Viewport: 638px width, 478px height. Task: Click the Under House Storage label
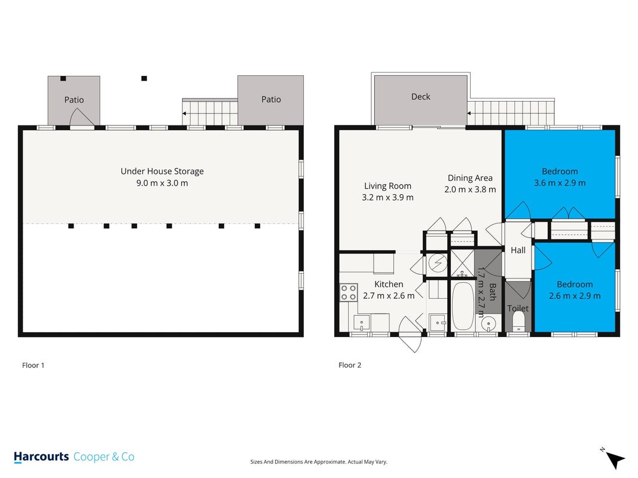tap(162, 171)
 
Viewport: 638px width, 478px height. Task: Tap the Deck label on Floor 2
tap(421, 97)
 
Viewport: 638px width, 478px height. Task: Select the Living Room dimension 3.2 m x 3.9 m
tap(388, 198)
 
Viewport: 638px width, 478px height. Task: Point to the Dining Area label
tap(470, 177)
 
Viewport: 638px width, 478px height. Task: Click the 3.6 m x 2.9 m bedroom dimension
tap(560, 183)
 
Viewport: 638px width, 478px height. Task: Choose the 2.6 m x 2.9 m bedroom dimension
tap(575, 296)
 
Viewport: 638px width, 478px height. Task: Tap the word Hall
tap(518, 250)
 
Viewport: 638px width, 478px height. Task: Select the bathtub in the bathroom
tap(462, 306)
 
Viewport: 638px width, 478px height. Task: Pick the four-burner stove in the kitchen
tap(349, 293)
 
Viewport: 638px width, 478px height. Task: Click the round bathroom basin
tap(487, 324)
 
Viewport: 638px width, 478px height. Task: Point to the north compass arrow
tap(615, 459)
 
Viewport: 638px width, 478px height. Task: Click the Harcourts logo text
tap(41, 457)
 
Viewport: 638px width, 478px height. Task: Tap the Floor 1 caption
tap(33, 365)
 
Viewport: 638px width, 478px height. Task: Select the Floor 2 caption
tap(350, 365)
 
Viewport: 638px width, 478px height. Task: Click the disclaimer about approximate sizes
tap(319, 462)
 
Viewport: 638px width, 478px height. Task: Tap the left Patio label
tap(74, 100)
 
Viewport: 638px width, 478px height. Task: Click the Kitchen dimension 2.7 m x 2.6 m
tap(389, 296)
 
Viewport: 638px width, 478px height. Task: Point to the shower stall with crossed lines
tap(462, 263)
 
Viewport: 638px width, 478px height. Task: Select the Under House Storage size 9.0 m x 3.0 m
tap(162, 183)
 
